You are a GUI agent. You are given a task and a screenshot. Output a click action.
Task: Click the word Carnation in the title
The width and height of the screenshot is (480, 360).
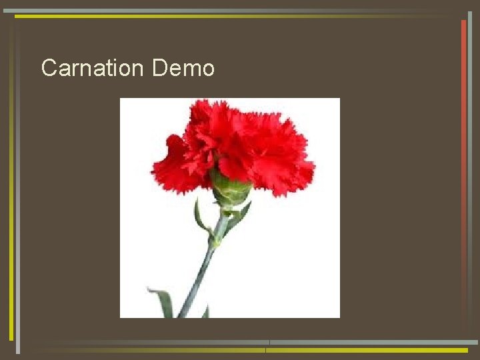point(92,68)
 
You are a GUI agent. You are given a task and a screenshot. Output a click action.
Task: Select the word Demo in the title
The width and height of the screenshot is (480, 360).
point(183,68)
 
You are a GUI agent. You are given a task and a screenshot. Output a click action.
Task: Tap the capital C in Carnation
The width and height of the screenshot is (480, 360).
point(49,68)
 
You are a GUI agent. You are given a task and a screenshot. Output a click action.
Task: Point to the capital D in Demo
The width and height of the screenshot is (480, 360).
point(159,68)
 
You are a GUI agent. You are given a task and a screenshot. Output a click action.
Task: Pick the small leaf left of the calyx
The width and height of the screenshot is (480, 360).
point(199,217)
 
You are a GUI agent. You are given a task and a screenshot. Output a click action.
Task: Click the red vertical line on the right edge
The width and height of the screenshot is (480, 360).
point(463,100)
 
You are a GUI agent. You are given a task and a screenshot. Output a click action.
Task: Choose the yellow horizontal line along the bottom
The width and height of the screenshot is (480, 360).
point(367,349)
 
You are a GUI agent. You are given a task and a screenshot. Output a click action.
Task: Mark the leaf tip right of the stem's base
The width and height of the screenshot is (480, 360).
point(206,311)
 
